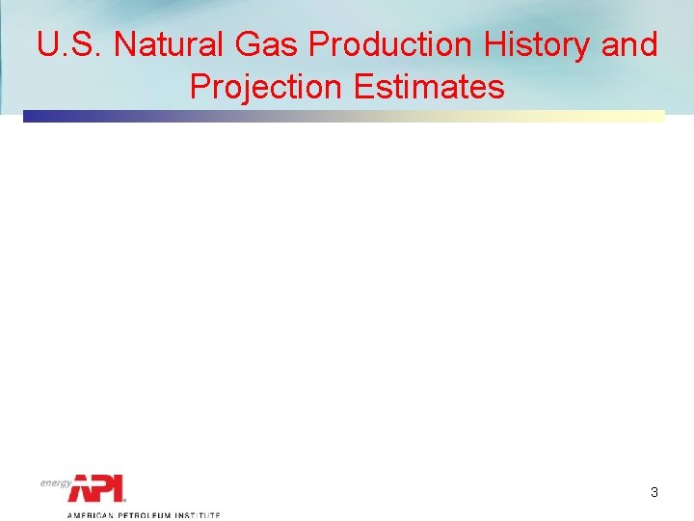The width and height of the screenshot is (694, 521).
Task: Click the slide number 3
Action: tap(654, 492)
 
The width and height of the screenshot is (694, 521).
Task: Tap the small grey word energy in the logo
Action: tap(56, 482)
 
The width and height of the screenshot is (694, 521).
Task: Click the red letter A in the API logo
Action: tap(80, 488)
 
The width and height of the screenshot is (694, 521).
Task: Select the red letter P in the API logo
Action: tap(103, 488)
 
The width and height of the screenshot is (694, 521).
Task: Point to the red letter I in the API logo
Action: tap(120, 488)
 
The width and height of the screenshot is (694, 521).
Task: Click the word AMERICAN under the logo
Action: tap(89, 515)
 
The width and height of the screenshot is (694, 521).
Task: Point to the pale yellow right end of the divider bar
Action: tap(655, 116)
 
